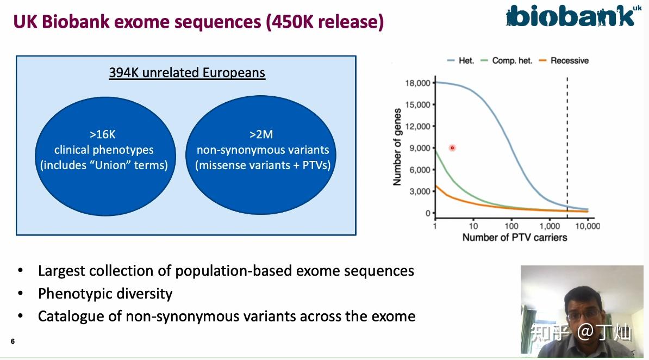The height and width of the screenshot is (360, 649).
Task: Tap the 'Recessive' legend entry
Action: coord(563,60)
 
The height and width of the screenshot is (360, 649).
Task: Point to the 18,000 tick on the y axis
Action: coord(417,83)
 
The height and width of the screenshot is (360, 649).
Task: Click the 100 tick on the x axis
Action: coord(511,226)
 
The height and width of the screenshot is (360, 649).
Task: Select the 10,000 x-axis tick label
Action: coord(588,226)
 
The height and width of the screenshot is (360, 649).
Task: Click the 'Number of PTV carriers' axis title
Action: coord(515,238)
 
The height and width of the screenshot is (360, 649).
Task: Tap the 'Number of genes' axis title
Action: coord(397,147)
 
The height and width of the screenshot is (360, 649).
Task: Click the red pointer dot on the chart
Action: coord(452,148)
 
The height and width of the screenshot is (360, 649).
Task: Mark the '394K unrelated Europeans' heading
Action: coord(187,73)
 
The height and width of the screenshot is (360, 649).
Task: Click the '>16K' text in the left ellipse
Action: coord(103,135)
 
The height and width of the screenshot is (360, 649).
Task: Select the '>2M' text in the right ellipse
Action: coord(261,135)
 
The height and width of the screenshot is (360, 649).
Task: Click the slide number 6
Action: coord(13,342)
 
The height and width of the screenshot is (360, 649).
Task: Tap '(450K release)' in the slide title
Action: coord(325,22)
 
